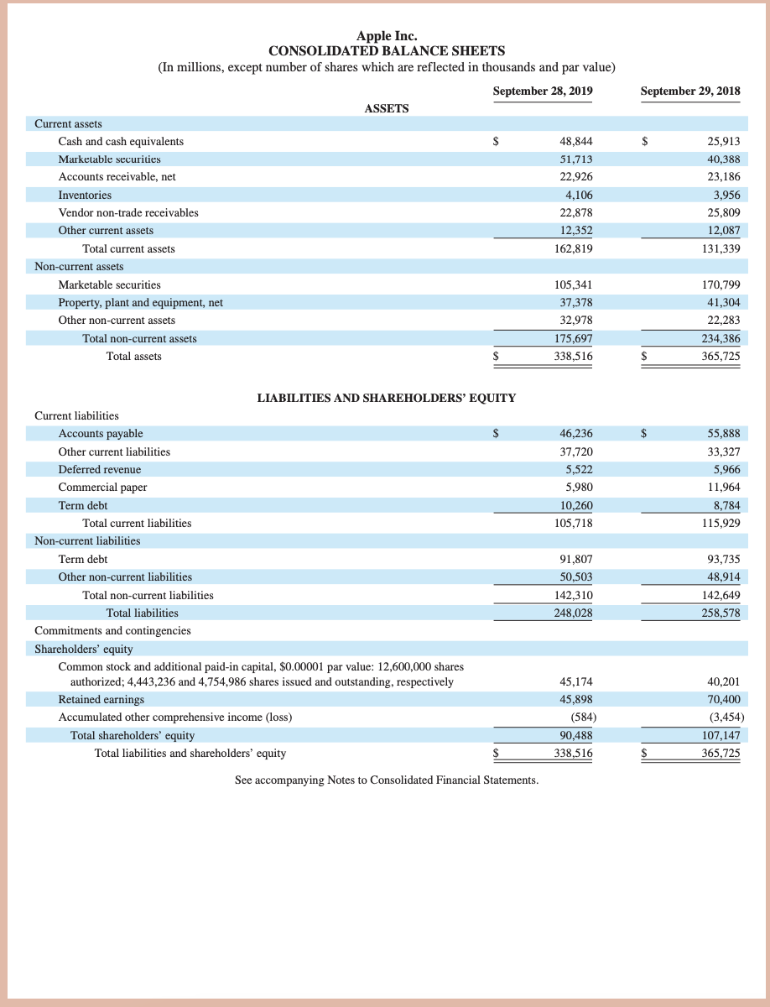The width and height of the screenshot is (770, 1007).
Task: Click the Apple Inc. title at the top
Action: click(x=386, y=35)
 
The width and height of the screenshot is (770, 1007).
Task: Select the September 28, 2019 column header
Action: click(x=543, y=91)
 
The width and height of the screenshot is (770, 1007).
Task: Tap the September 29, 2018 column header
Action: click(x=689, y=91)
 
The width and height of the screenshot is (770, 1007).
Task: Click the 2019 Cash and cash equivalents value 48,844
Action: click(x=575, y=142)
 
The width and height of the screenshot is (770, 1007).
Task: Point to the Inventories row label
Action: click(x=85, y=195)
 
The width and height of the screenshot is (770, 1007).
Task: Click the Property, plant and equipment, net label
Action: click(x=140, y=302)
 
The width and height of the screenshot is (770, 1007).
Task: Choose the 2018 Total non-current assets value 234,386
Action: click(x=721, y=338)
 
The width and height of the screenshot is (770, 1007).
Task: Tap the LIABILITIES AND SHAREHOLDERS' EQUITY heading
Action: click(x=386, y=398)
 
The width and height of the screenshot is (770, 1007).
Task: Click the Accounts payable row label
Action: click(x=101, y=434)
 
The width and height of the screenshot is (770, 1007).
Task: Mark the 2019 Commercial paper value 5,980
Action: click(x=578, y=488)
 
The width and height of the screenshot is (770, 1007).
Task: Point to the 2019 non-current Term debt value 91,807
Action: click(x=575, y=559)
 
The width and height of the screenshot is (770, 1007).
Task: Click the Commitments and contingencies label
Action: click(x=112, y=630)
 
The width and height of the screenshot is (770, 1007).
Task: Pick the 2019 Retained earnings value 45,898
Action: click(x=575, y=700)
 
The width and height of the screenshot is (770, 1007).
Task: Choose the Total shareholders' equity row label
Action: click(x=133, y=736)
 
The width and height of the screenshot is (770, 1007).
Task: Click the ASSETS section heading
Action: click(x=387, y=108)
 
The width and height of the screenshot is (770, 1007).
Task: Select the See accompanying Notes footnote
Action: click(x=387, y=780)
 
